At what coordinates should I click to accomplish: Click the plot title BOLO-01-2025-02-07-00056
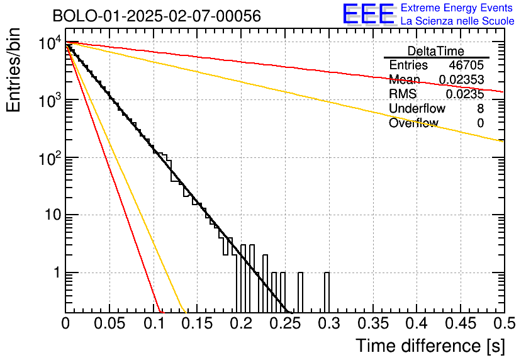[148, 16]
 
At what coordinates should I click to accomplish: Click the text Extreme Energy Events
[457, 8]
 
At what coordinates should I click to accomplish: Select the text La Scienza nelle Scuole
[457, 21]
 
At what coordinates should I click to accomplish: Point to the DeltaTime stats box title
[435, 51]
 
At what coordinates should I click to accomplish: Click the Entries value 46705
[466, 65]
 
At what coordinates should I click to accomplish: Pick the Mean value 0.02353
[461, 80]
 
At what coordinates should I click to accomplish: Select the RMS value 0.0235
[465, 94]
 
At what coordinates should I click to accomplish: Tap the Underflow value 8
[480, 109]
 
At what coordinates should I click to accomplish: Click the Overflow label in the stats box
[413, 123]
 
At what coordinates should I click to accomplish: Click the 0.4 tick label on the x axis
[416, 323]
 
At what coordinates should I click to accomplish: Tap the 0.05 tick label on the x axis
[109, 323]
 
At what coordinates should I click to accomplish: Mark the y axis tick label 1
[55, 273]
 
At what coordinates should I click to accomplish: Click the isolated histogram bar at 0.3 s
[327, 292]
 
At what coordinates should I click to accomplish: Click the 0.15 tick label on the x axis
[196, 323]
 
